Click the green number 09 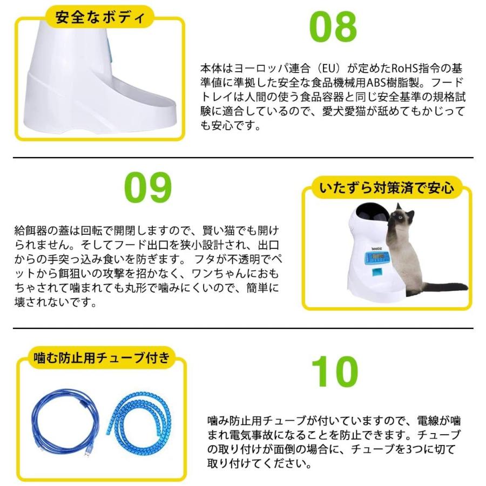click(147, 187)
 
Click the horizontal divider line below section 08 click(243, 158)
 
